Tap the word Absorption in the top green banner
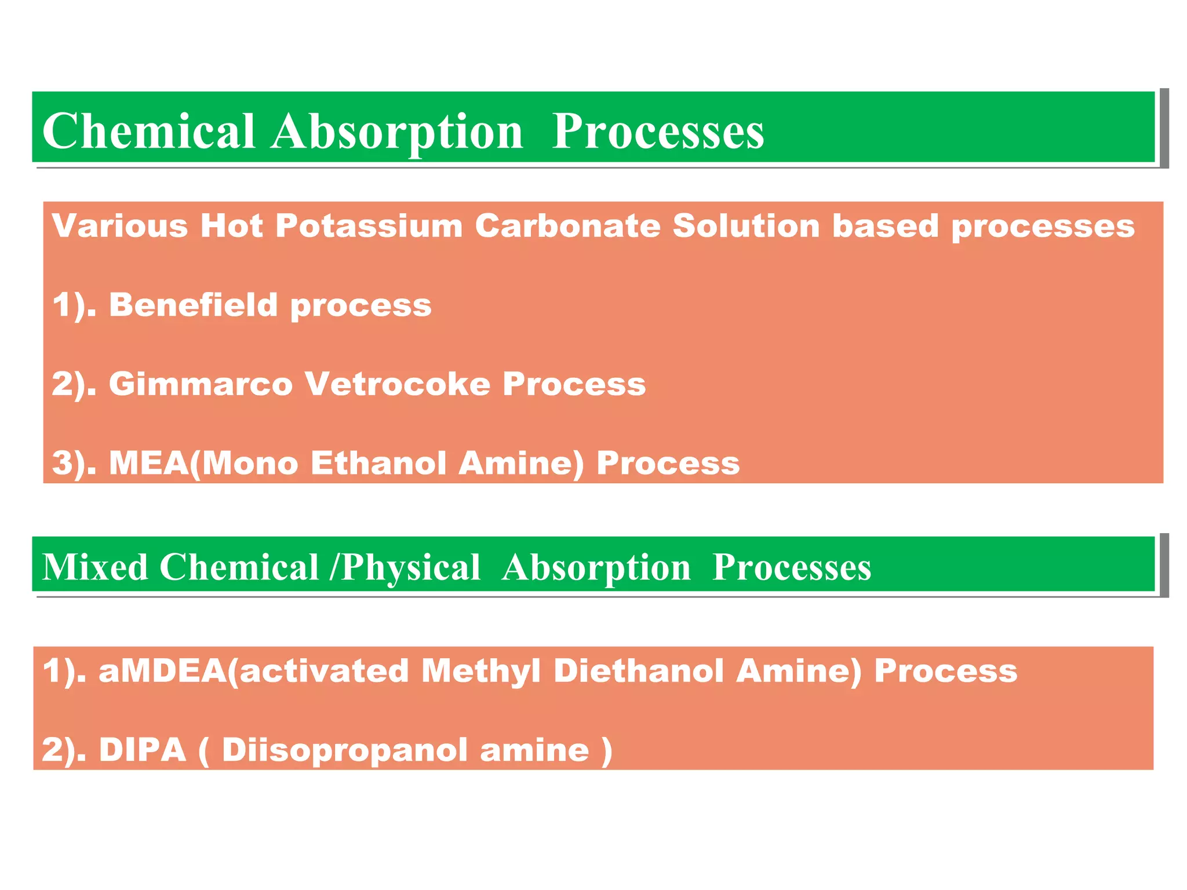pos(398,132)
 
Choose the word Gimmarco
pos(201,384)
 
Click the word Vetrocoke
pos(398,384)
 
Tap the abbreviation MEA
pos(148,464)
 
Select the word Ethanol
pos(378,464)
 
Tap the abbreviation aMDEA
pos(162,671)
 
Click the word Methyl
pos(481,671)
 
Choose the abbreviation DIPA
pos(143,750)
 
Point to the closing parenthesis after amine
pos(607,751)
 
